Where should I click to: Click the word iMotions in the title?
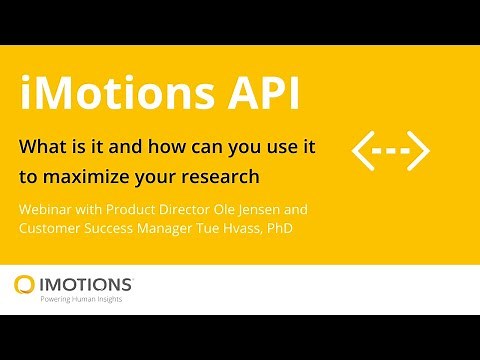(x=101, y=96)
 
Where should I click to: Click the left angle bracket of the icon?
(x=363, y=150)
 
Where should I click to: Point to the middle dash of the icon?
(x=391, y=150)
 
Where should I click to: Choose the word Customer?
(x=52, y=229)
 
